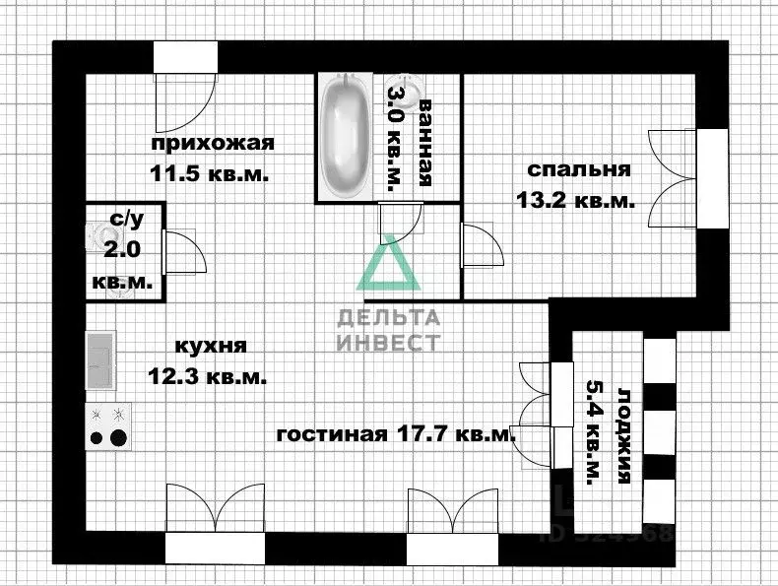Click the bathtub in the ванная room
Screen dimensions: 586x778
coord(346,138)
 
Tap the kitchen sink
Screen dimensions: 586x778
coord(99,360)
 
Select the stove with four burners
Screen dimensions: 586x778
coord(108,426)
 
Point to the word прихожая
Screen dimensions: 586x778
coord(212,144)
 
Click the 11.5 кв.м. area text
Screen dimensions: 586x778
coord(210,174)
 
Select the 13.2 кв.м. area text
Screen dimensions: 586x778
coord(575,200)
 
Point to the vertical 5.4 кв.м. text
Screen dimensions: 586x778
coord(593,434)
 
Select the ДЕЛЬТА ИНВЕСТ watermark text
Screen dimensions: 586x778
coord(388,330)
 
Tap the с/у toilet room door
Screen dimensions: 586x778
coord(183,250)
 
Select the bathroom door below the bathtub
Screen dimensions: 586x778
coord(400,221)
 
